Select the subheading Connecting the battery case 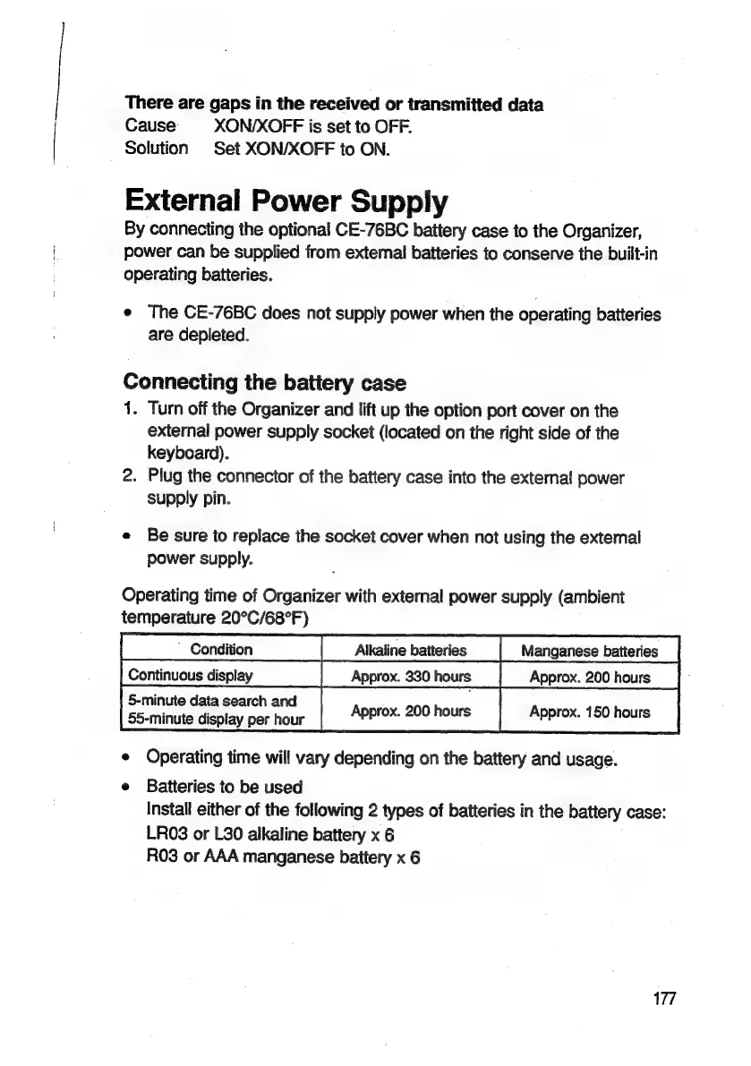[x=264, y=384]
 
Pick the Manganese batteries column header [x=590, y=650]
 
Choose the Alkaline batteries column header [x=411, y=650]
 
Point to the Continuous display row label [x=191, y=674]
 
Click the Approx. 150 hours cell [x=590, y=712]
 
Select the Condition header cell [x=221, y=649]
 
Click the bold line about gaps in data [x=334, y=105]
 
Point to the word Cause [x=150, y=126]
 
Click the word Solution [x=157, y=148]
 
